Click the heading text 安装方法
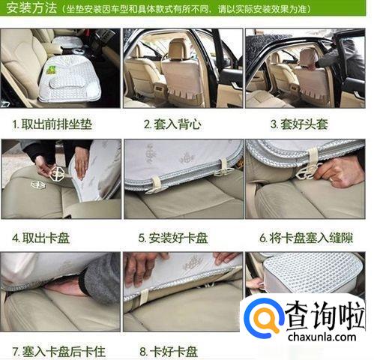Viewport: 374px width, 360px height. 31,8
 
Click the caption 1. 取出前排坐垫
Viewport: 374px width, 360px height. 52,124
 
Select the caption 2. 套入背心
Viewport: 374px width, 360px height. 172,124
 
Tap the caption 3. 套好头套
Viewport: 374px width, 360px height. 299,124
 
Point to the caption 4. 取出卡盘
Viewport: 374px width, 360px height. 40,238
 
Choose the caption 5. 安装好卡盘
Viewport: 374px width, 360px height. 173,238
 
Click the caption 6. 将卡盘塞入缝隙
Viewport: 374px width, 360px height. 307,238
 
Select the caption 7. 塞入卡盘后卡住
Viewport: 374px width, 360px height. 59,351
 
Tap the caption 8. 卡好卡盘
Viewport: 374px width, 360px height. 169,351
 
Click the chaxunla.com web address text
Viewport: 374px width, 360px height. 322,337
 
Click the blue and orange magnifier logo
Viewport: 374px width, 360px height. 264,317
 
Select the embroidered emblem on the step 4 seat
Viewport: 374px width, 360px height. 38,185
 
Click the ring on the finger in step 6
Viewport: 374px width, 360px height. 331,180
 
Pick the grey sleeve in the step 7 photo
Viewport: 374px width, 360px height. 100,279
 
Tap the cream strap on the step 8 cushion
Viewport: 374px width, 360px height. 144,296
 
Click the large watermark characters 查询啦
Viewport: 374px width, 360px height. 325,316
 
